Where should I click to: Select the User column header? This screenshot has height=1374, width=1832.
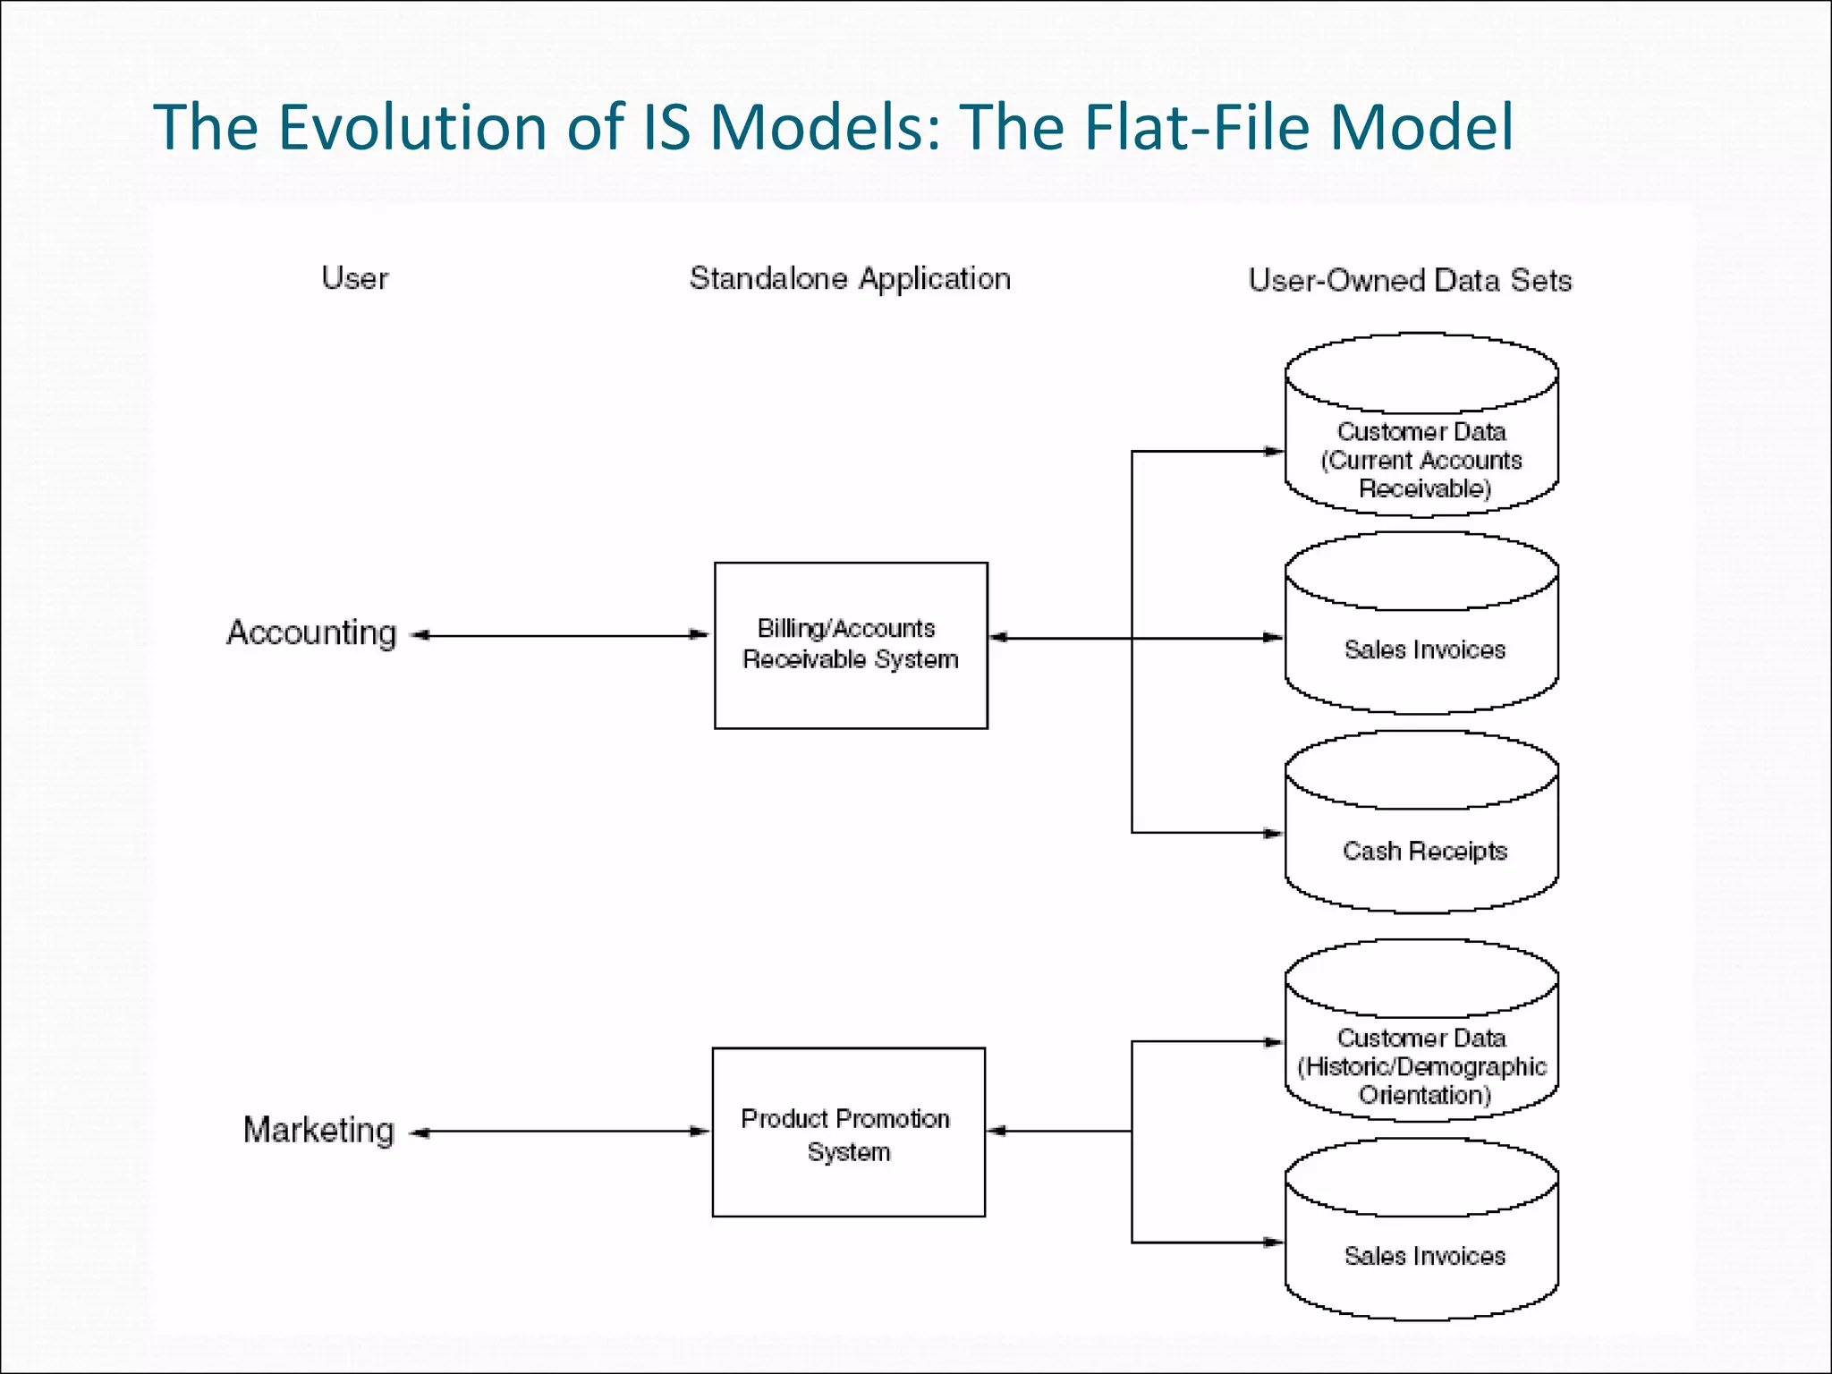tap(355, 278)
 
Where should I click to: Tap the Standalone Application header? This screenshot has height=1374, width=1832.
tap(850, 279)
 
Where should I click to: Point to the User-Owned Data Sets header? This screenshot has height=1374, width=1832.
tap(1410, 281)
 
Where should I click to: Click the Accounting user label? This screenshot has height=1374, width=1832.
tap(311, 633)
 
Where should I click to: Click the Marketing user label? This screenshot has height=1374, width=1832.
tap(318, 1131)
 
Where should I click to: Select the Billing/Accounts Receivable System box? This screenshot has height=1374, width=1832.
tap(851, 645)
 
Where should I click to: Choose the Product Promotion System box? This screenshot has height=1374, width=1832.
tap(848, 1132)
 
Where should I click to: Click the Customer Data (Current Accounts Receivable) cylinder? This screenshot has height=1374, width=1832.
tap(1421, 447)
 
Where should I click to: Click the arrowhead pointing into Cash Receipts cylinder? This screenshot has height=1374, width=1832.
tap(1274, 833)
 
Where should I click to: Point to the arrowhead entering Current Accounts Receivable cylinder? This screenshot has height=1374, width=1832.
tap(1274, 452)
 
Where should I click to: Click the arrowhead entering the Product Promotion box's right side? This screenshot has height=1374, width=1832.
tap(997, 1131)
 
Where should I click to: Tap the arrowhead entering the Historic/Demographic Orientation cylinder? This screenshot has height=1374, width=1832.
tap(1274, 1042)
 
